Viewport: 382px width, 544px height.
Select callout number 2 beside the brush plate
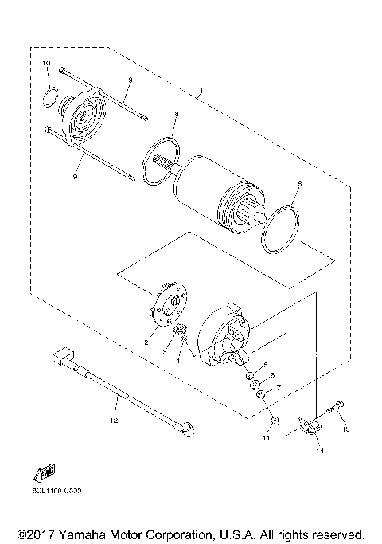pos(146,341)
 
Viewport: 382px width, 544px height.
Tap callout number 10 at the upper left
pos(46,62)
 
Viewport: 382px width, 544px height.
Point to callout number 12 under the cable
pos(113,417)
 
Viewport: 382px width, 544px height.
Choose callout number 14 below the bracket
pos(319,452)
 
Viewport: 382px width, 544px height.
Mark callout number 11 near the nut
pos(267,438)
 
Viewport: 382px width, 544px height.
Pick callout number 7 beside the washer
pos(278,388)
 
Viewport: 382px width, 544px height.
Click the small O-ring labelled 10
pos(50,96)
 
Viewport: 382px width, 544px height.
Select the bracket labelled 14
pos(310,428)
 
